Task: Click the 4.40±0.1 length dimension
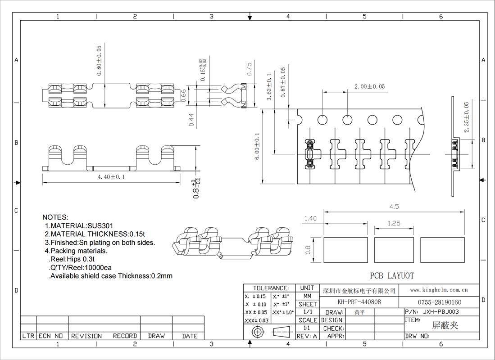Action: coord(111,177)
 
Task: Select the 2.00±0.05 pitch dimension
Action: coord(369,86)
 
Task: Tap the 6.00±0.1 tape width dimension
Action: coord(257,146)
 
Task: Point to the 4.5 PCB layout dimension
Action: coord(394,207)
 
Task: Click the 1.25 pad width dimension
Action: coord(394,223)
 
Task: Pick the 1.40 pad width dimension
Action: coord(310,218)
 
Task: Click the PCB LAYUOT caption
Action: coord(392,276)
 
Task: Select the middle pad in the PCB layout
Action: coord(394,250)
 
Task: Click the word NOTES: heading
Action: coord(55,217)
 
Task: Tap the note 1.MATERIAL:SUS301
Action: coord(79,226)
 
